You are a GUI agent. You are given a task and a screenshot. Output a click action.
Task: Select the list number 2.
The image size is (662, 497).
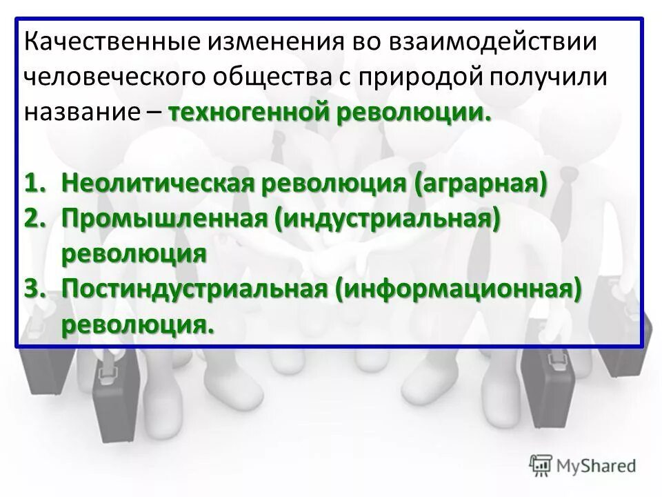tap(37, 218)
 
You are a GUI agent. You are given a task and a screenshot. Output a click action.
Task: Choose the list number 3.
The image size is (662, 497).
tap(37, 288)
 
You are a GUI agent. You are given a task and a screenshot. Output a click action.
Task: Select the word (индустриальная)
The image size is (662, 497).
tap(385, 218)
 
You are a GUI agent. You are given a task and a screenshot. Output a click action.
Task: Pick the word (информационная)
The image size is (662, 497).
tap(456, 288)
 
